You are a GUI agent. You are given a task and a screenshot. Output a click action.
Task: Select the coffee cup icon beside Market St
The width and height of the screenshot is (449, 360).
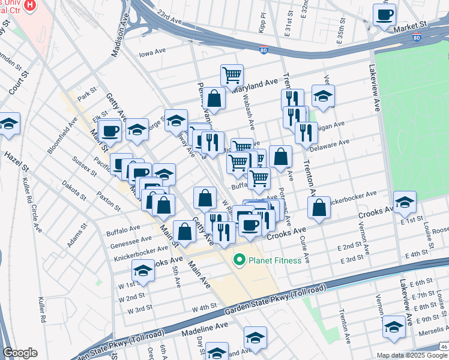click(x=384, y=14)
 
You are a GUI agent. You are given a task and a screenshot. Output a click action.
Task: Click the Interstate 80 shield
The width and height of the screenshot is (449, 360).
click(x=416, y=38)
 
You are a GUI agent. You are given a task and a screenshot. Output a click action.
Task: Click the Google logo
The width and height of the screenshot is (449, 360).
click(x=20, y=353)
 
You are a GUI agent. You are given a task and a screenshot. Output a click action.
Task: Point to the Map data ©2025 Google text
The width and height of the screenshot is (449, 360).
click(x=412, y=355)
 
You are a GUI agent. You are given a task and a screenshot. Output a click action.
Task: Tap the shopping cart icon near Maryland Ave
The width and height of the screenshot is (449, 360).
click(x=232, y=75)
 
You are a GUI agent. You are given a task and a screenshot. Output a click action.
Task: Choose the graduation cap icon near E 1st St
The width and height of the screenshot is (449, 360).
click(x=405, y=202)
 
